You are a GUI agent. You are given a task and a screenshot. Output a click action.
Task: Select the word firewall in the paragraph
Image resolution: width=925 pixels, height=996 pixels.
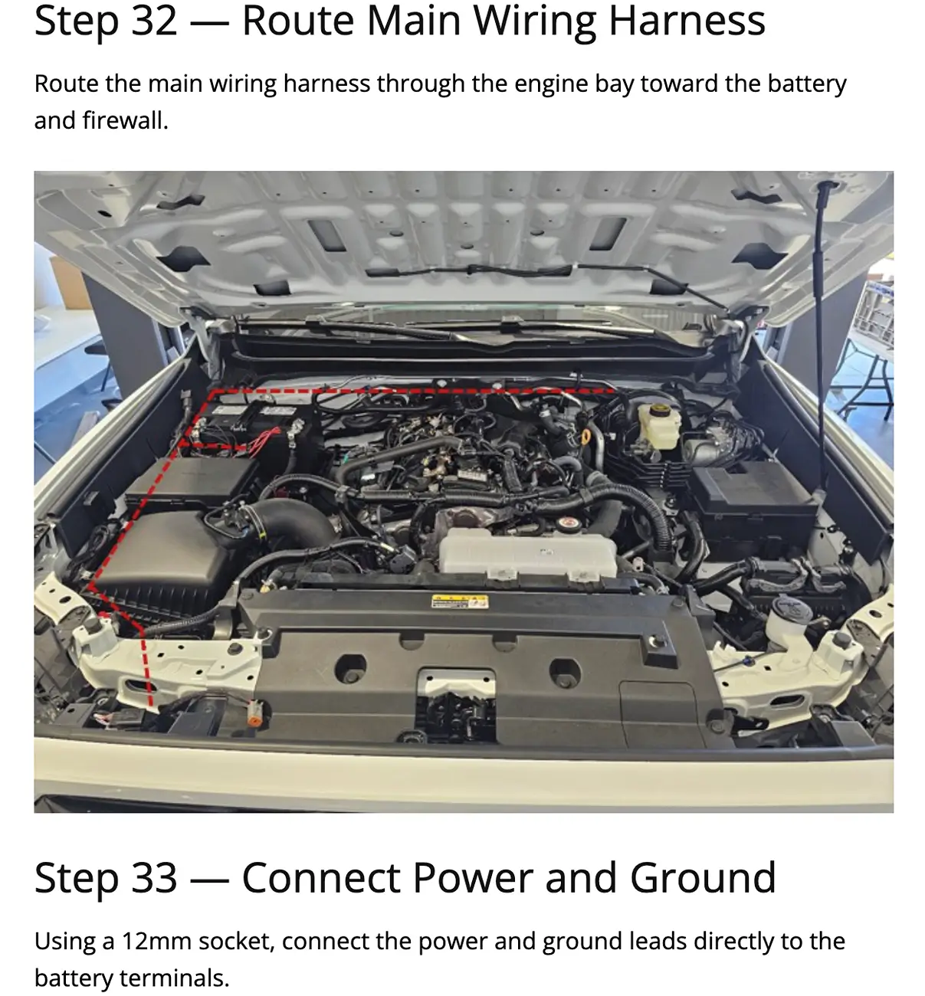125,120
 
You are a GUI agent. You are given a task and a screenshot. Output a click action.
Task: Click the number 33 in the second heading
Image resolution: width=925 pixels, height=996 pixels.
155,878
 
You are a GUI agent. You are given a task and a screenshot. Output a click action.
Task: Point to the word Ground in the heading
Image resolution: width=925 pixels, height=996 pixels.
703,878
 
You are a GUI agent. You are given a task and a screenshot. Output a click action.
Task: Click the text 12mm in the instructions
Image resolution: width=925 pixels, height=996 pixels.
156,942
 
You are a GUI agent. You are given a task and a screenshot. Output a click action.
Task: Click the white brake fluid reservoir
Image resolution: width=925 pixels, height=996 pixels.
658,426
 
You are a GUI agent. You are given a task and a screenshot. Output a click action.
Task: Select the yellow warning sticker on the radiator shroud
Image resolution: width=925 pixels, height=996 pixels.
460,601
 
